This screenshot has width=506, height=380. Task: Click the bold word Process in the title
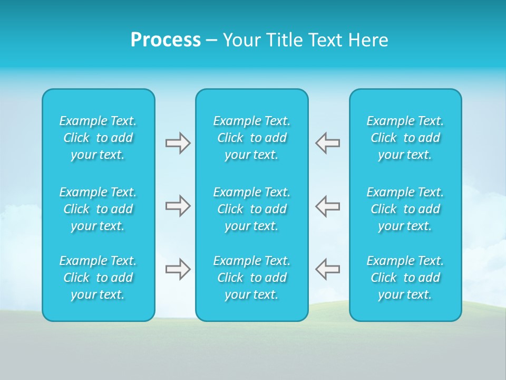point(166,40)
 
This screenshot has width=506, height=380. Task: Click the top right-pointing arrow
point(178,143)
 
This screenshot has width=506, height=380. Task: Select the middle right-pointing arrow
point(178,206)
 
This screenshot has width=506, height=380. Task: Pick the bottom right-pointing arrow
point(178,269)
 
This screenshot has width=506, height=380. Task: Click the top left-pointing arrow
point(328,143)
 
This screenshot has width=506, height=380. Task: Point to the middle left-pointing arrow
point(328,206)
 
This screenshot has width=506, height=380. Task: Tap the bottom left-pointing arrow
point(328,269)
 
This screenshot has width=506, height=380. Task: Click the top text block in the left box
point(98,138)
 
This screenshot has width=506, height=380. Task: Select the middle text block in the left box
point(98,209)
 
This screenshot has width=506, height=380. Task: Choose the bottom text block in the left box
point(98,278)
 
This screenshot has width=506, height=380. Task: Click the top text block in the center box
point(252,138)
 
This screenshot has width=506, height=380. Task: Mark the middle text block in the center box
point(252,209)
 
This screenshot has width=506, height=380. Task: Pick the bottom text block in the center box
point(252,278)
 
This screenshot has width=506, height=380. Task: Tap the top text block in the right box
point(405,138)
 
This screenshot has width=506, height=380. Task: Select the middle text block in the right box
point(405,209)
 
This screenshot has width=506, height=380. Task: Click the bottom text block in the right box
point(405,278)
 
